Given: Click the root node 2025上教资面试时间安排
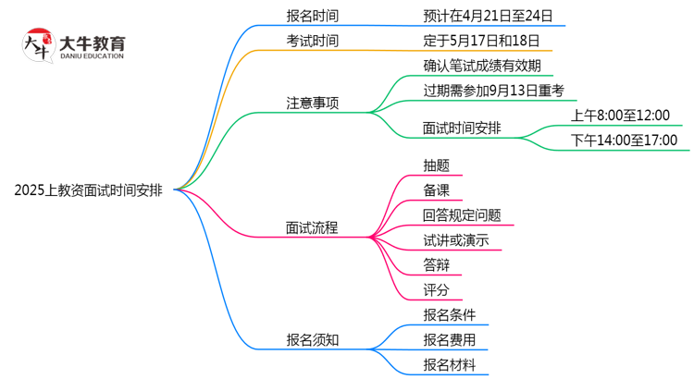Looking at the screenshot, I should pyautogui.click(x=88, y=191).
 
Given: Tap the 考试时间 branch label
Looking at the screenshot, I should pyautogui.click(x=312, y=41).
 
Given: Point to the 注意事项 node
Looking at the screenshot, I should pyautogui.click(x=312, y=103).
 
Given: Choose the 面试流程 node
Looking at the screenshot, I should pyautogui.click(x=312, y=227).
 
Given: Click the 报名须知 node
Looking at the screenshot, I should pyautogui.click(x=312, y=340).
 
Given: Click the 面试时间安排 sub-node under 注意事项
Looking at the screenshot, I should pyautogui.click(x=462, y=128).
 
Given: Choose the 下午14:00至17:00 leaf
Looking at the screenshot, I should pyautogui.click(x=625, y=141).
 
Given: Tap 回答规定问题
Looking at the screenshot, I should pyautogui.click(x=462, y=215).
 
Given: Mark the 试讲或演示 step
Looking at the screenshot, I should pyautogui.click(x=455, y=240).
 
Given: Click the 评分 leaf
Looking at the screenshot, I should pyautogui.click(x=437, y=290).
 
